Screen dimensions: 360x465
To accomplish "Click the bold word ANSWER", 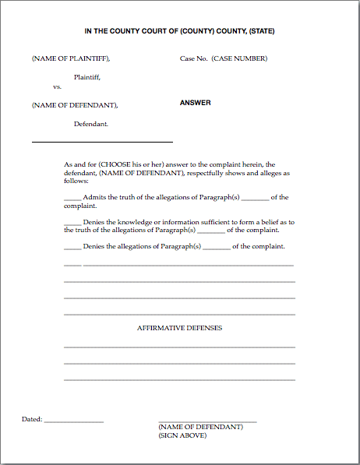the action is click(x=196, y=103).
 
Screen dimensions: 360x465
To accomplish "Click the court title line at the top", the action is click(x=179, y=31).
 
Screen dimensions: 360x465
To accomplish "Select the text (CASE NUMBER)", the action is click(x=239, y=58).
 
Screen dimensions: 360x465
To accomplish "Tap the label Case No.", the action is click(x=193, y=58).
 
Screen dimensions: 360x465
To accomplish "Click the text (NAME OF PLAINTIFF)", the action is click(x=70, y=58).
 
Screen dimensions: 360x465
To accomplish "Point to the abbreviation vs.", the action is click(x=57, y=86).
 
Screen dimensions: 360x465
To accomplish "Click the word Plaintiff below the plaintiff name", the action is click(x=87, y=76).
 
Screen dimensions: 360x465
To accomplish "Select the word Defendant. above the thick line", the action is click(x=91, y=124).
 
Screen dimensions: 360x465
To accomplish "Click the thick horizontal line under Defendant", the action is click(x=102, y=142).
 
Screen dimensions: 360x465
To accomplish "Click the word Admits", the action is click(x=94, y=197).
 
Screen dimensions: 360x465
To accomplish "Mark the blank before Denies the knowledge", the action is click(x=72, y=223).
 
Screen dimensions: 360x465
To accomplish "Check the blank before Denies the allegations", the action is click(x=72, y=248).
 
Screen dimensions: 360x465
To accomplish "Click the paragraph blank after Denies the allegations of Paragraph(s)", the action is click(x=217, y=248).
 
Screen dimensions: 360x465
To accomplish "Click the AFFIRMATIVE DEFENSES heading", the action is click(x=179, y=328).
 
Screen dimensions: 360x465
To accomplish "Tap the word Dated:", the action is click(x=32, y=419).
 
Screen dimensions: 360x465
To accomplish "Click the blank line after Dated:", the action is click(x=74, y=421).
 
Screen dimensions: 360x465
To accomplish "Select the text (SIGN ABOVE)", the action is click(x=182, y=435).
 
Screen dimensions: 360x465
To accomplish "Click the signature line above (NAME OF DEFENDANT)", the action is click(x=207, y=421).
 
